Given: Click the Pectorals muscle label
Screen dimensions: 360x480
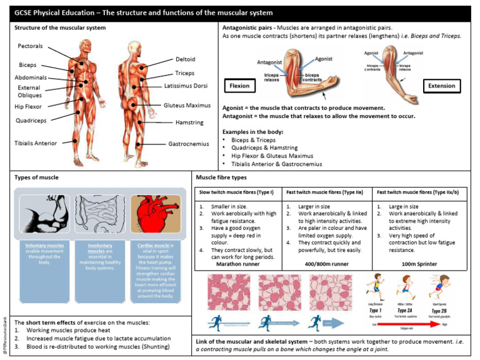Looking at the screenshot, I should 30,46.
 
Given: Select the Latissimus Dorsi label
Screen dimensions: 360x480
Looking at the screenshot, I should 186,85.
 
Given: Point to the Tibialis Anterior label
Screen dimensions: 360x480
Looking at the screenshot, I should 36,143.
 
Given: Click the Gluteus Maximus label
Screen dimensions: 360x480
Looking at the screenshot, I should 187,106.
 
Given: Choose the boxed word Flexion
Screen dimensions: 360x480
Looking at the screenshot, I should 238,86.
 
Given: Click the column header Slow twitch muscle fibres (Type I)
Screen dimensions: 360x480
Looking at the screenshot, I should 237,192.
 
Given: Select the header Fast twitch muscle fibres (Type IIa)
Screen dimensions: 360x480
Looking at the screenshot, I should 326,192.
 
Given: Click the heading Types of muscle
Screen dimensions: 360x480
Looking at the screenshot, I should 36,177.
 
